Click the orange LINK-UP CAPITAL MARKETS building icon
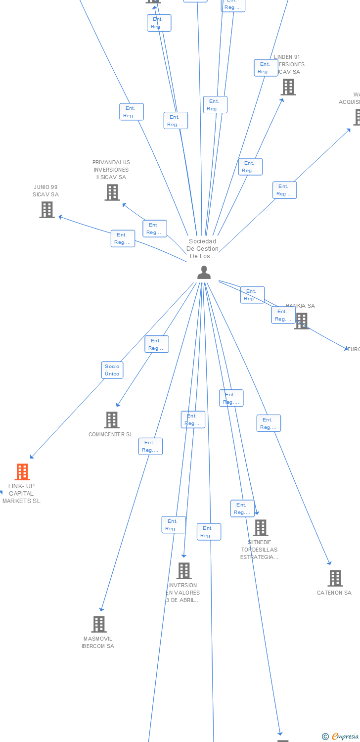pyautogui.click(x=22, y=472)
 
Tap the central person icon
pyautogui.click(x=204, y=273)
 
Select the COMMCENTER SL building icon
pyautogui.click(x=112, y=420)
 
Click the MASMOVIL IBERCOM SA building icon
pyautogui.click(x=99, y=624)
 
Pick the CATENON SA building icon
pyautogui.click(x=335, y=578)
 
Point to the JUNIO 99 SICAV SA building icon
pyautogui.click(x=47, y=210)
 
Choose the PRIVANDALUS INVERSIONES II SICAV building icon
pyautogui.click(x=112, y=192)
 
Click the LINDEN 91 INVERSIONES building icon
pyautogui.click(x=288, y=87)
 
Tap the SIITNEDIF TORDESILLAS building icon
pyautogui.click(x=261, y=528)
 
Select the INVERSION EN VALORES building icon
pyautogui.click(x=184, y=571)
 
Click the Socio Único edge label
pyautogui.click(x=112, y=370)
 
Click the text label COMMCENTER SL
pyautogui.click(x=111, y=435)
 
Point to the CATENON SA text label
pyautogui.click(x=334, y=593)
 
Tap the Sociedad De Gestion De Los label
pyautogui.click(x=203, y=249)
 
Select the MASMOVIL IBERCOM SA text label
pyautogui.click(x=98, y=643)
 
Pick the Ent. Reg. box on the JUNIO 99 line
pyautogui.click(x=123, y=238)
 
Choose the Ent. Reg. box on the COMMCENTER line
pyautogui.click(x=157, y=344)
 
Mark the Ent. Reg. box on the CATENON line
pyautogui.click(x=269, y=423)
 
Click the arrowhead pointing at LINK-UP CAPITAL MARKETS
pyautogui.click(x=32, y=457)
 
